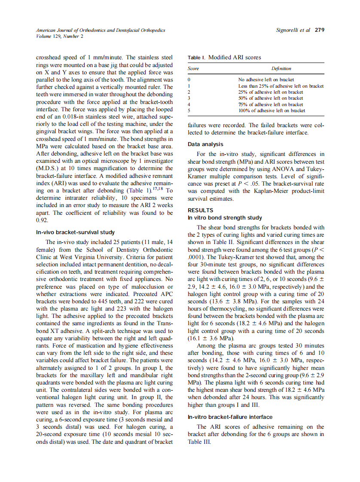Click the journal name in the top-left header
pos(101,30)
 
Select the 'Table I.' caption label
pos(196,58)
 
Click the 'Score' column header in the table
pos(194,68)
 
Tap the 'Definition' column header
pos(281,68)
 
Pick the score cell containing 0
pos(189,79)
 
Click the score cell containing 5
pos(189,110)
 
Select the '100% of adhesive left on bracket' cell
pos(272,110)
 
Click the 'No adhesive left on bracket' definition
pos(266,79)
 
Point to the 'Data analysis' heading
pos(205,144)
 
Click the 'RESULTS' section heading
pos(200,210)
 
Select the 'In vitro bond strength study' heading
pos(225,218)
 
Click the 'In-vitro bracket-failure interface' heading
pos(230,417)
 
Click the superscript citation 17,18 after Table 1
pos(159,189)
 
